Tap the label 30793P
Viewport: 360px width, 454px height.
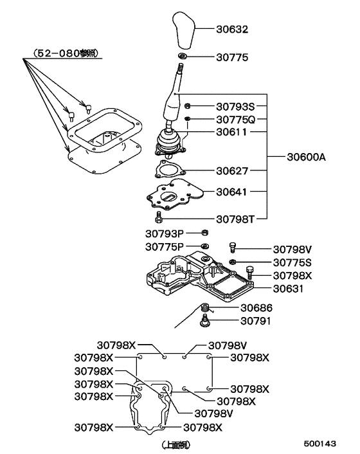[164, 233]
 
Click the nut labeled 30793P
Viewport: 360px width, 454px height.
[204, 232]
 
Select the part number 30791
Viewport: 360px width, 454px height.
[256, 320]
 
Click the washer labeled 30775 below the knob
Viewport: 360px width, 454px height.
[182, 58]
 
